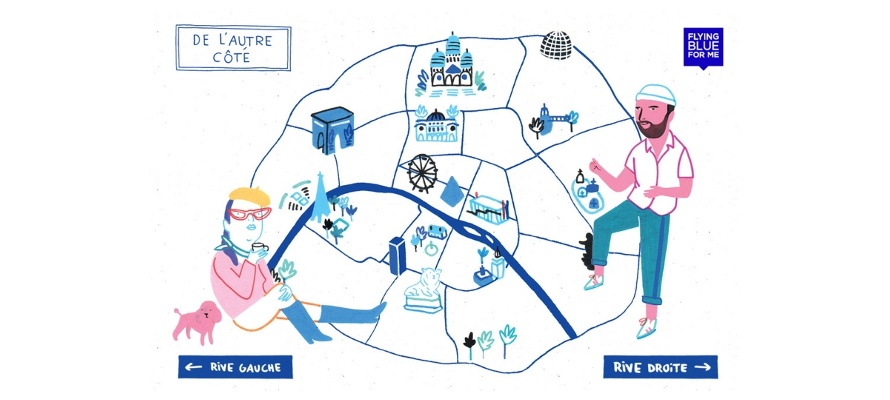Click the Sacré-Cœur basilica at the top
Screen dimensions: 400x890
pos(451,65)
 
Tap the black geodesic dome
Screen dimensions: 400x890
pos(556,45)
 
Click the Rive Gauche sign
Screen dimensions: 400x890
pos(235,367)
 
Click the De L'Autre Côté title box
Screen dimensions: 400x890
pos(233,48)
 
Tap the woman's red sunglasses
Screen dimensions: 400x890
pos(250,214)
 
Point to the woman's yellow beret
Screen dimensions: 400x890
pos(250,196)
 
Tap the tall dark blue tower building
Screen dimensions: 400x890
pos(398,255)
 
